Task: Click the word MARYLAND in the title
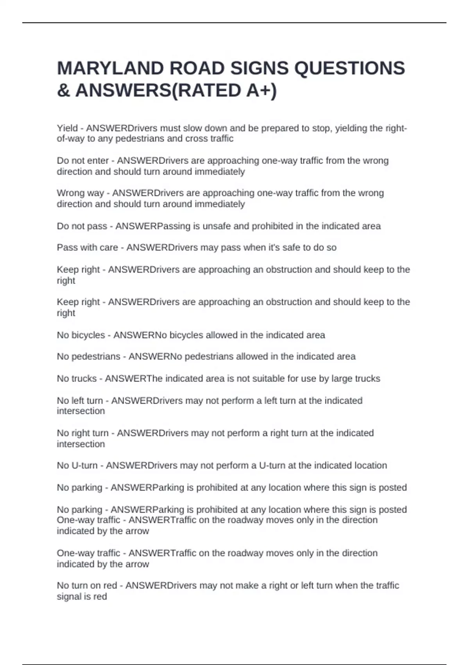click(x=109, y=68)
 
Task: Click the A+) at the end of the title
click(x=261, y=91)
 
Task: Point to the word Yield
click(x=67, y=128)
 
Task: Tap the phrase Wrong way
click(x=80, y=193)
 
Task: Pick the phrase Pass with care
click(x=87, y=248)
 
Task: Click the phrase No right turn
click(x=83, y=433)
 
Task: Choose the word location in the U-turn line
click(x=371, y=465)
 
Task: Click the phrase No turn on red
click(x=87, y=586)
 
